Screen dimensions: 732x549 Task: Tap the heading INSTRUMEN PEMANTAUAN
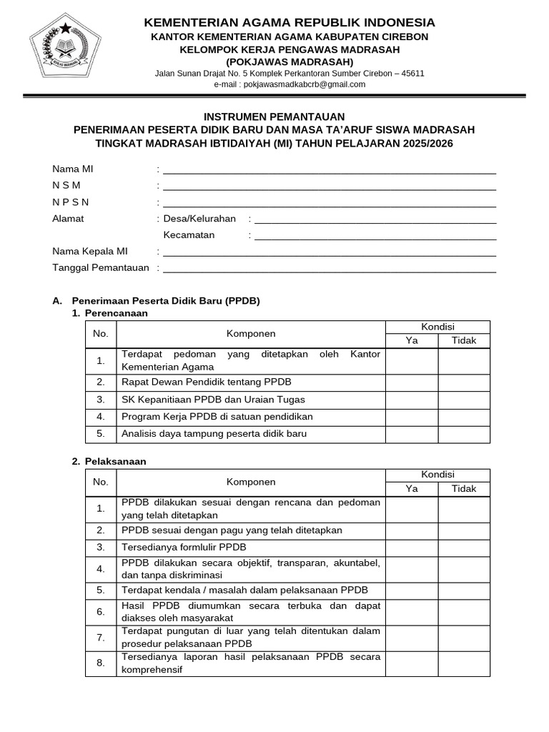point(274,117)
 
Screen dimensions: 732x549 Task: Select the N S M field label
point(66,185)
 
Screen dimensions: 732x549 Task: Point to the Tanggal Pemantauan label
point(101,267)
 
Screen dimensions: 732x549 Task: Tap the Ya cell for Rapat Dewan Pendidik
point(412,382)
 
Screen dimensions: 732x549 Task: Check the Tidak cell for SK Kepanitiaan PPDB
point(464,399)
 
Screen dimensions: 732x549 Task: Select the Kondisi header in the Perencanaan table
point(437,327)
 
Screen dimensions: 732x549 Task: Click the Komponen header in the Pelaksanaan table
point(251,482)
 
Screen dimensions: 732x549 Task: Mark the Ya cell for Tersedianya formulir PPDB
point(412,548)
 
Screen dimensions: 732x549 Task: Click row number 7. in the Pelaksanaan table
point(101,637)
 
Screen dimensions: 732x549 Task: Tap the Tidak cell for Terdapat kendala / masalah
point(464,590)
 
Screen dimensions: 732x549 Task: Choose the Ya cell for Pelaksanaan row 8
point(412,663)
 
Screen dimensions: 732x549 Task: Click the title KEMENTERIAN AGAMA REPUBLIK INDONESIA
point(290,23)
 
